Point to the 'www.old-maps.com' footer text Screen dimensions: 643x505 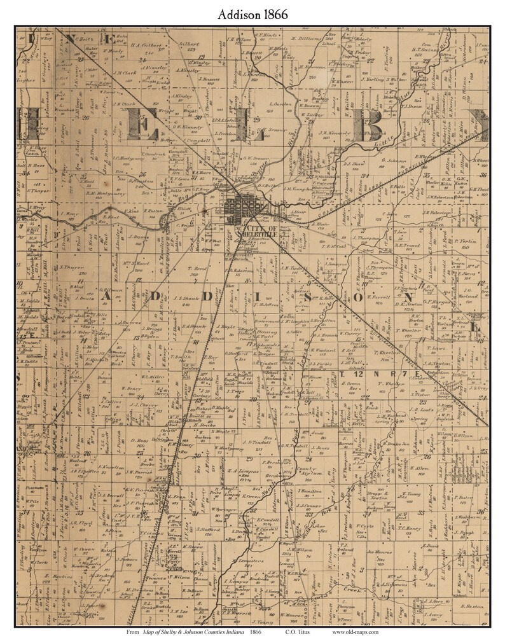coord(354,632)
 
